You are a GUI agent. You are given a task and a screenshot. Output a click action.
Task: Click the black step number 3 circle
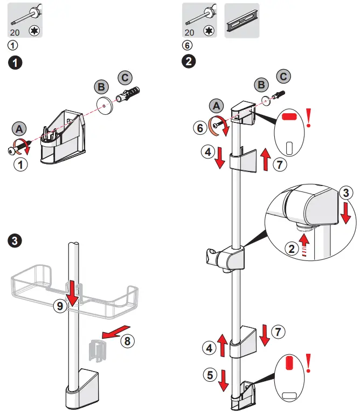point(17,241)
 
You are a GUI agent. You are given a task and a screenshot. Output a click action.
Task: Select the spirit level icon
point(241,21)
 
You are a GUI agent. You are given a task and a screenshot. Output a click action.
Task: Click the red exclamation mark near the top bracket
point(309,118)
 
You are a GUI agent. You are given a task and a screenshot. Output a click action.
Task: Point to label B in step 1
point(100,86)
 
